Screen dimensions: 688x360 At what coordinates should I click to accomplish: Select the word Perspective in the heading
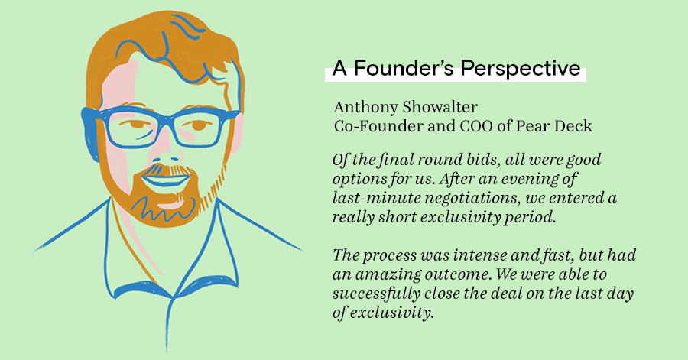coord(521,69)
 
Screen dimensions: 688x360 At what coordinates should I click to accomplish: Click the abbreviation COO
coord(475,126)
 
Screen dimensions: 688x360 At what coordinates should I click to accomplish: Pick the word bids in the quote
coord(480,160)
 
